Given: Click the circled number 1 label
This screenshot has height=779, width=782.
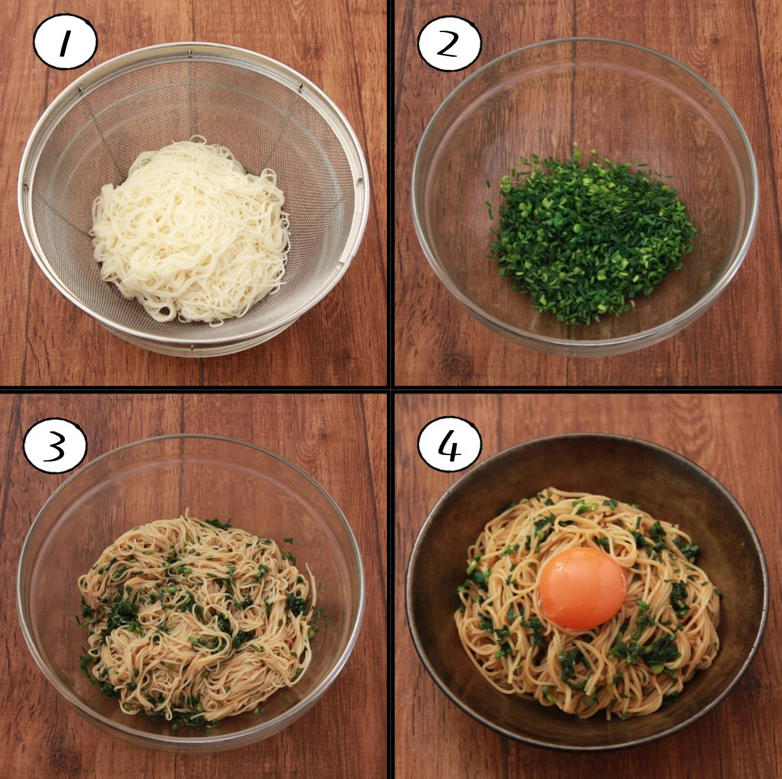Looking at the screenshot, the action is (65, 41).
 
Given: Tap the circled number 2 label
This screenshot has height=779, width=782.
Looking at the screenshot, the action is (449, 43).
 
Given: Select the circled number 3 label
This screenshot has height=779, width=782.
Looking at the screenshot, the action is (55, 446).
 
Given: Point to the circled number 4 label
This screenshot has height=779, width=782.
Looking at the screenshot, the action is (449, 444).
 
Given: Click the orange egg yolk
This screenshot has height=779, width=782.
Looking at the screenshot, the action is (583, 588).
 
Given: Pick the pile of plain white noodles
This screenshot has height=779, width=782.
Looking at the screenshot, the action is (191, 230).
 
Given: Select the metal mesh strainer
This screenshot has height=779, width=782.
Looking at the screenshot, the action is (194, 198).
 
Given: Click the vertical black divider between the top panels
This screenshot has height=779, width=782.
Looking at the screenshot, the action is (390, 192).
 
